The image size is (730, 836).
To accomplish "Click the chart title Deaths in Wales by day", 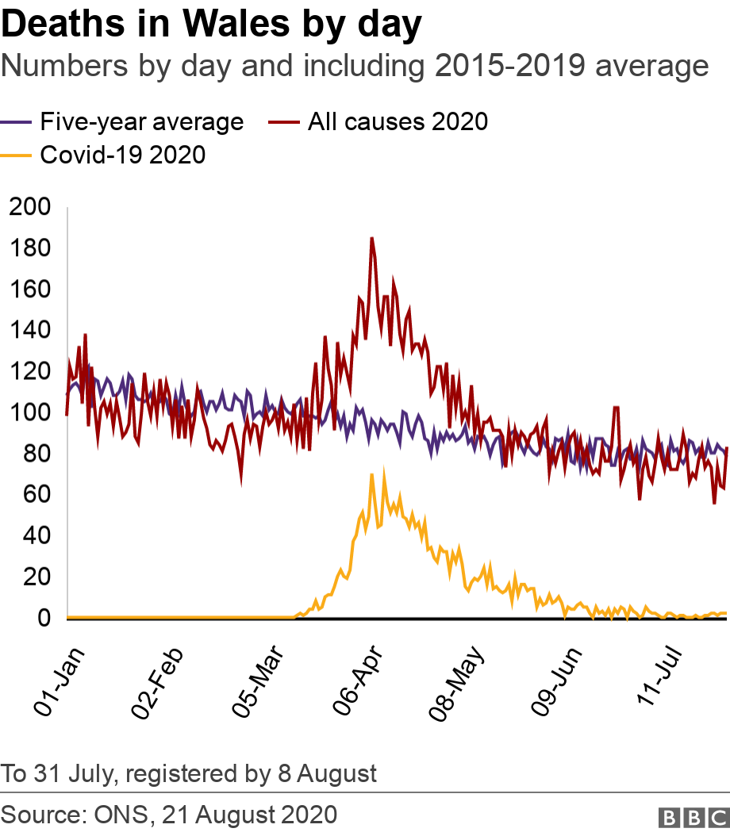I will (x=212, y=25).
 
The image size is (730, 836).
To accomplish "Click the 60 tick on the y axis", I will (x=36, y=495).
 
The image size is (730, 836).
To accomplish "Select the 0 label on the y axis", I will (x=44, y=618).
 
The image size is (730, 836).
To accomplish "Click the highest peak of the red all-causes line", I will (x=371, y=238).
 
